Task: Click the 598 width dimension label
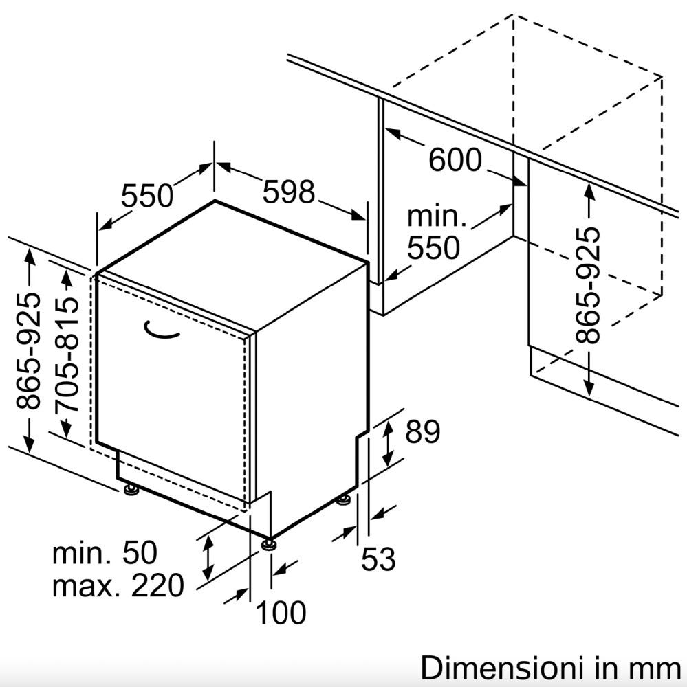[x=289, y=192]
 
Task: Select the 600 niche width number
[x=455, y=159]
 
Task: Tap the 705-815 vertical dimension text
[x=67, y=354]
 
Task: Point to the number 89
[x=422, y=431]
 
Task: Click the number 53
[x=378, y=559]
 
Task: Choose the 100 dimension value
[x=281, y=612]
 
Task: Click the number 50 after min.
[x=140, y=552]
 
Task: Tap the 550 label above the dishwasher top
[x=147, y=195]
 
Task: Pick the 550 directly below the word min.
[x=433, y=247]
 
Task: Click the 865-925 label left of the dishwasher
[x=28, y=351]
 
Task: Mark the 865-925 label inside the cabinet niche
[x=587, y=285]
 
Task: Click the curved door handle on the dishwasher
[x=160, y=330]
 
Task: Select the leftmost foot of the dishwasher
[x=131, y=488]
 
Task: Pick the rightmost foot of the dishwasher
[x=345, y=499]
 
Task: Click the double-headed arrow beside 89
[x=388, y=443]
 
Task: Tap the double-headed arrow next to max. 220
[x=208, y=557]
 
